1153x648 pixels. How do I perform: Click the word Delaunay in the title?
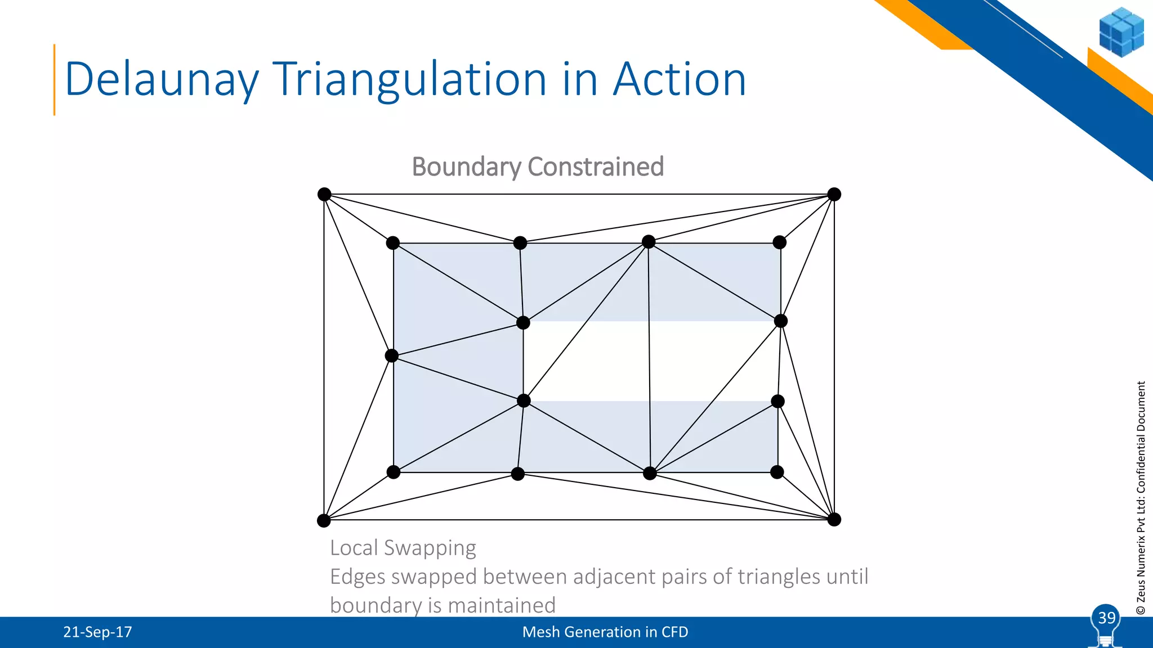point(162,79)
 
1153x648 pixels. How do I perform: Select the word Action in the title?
point(680,79)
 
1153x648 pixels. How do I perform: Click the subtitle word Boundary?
point(467,167)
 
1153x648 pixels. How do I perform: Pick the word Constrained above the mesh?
point(596,167)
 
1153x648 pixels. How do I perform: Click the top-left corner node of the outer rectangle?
point(324,195)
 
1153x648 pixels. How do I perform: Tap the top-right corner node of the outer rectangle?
point(834,195)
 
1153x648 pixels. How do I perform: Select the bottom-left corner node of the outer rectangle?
point(324,520)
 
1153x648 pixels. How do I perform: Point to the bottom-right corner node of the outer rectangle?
point(834,519)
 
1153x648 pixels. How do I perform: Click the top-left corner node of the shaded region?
point(393,243)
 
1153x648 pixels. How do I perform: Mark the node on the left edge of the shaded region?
point(392,355)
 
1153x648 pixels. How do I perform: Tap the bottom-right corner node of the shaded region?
point(777,472)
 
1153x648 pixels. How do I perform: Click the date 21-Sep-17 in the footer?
point(97,632)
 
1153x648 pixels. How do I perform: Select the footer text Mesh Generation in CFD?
point(605,632)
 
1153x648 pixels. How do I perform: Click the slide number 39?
point(1106,618)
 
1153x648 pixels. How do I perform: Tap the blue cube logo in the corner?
point(1121,32)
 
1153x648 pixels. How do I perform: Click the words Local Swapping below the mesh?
point(403,548)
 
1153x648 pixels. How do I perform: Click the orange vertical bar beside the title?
point(55,79)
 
